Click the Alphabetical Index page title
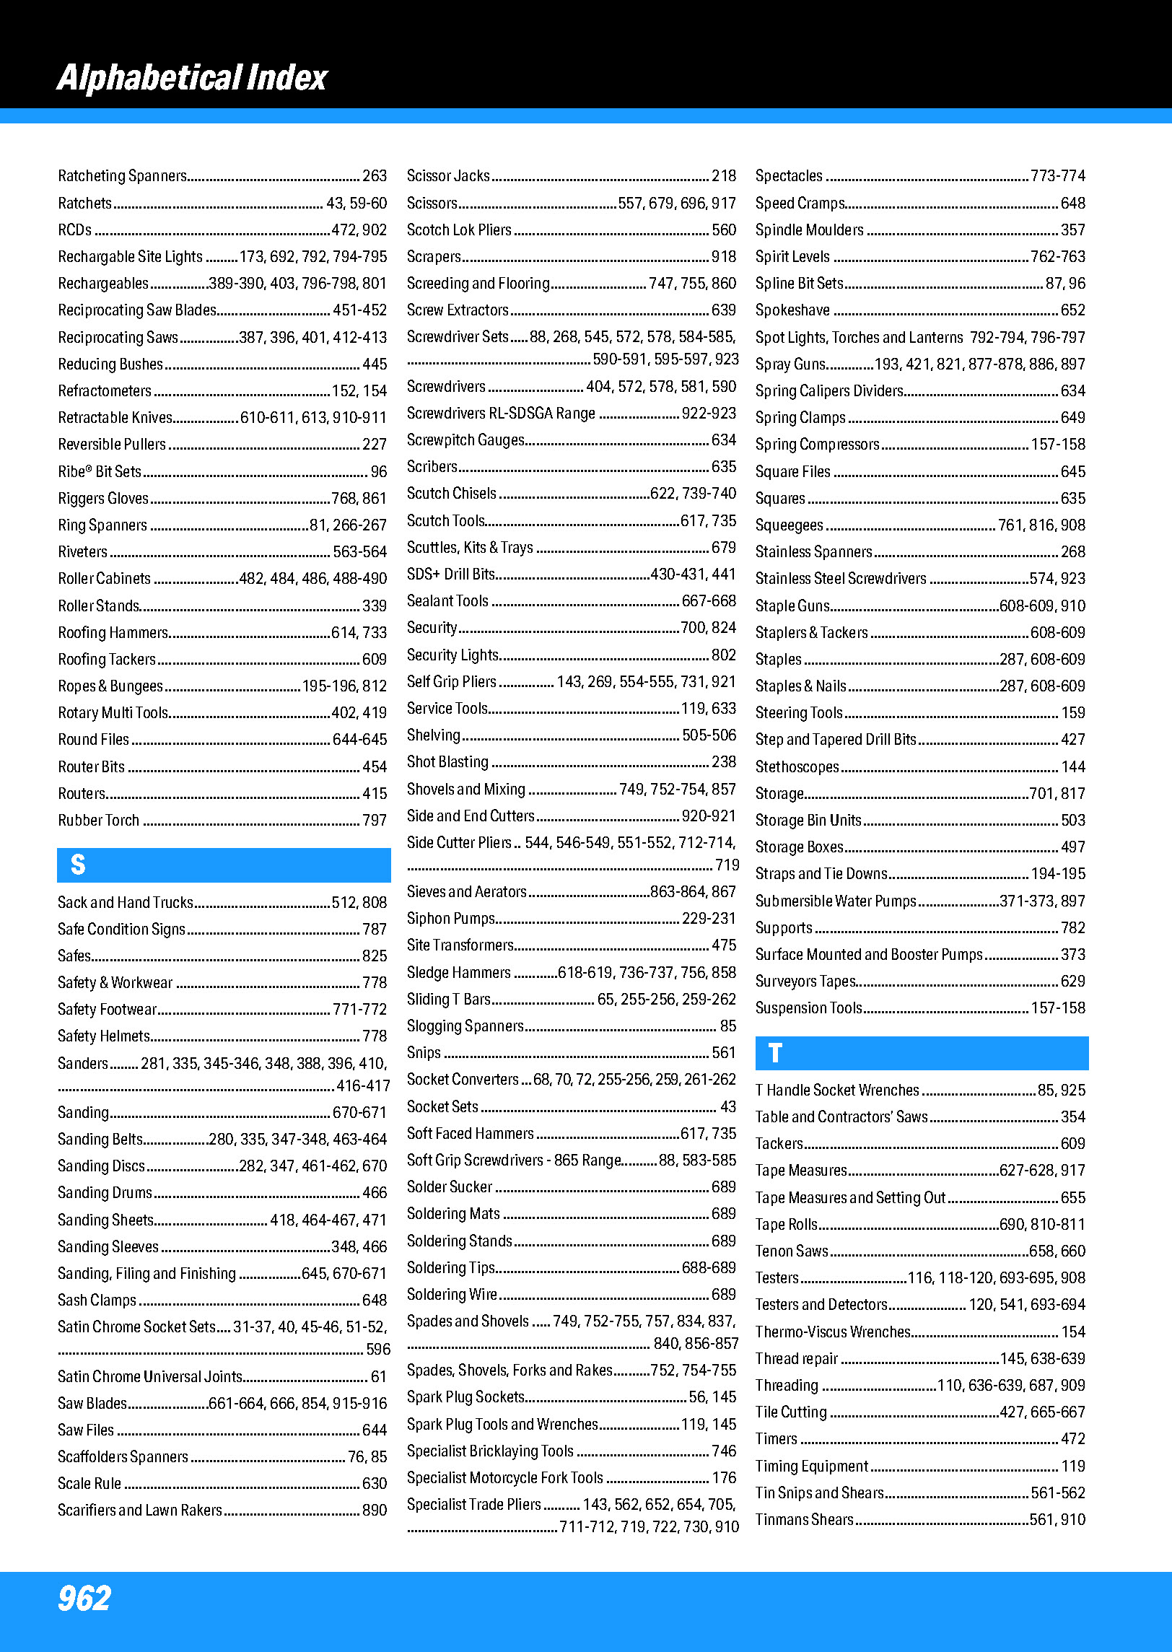pyautogui.click(x=192, y=78)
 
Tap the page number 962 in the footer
pyautogui.click(x=84, y=1598)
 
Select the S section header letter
pyautogui.click(x=78, y=865)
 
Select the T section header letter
pyautogui.click(x=775, y=1053)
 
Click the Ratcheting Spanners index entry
pyautogui.click(x=122, y=176)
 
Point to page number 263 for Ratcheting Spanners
pyautogui.click(x=375, y=176)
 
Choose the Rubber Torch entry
pyautogui.click(x=99, y=821)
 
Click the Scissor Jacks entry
pyautogui.click(x=448, y=176)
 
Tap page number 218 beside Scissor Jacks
pyautogui.click(x=724, y=176)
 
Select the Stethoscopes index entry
pyautogui.click(x=797, y=766)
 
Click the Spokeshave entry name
pyautogui.click(x=792, y=310)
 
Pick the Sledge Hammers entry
pyautogui.click(x=458, y=973)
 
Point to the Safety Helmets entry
pyautogui.click(x=104, y=1036)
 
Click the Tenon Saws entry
pyautogui.click(x=792, y=1251)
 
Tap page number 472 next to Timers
pyautogui.click(x=1073, y=1439)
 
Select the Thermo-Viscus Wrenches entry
pyautogui.click(x=833, y=1332)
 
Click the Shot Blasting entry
pyautogui.click(x=447, y=762)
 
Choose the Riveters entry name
pyautogui.click(x=83, y=552)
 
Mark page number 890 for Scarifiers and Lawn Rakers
pyautogui.click(x=375, y=1510)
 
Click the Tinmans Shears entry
pyautogui.click(x=804, y=1519)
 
